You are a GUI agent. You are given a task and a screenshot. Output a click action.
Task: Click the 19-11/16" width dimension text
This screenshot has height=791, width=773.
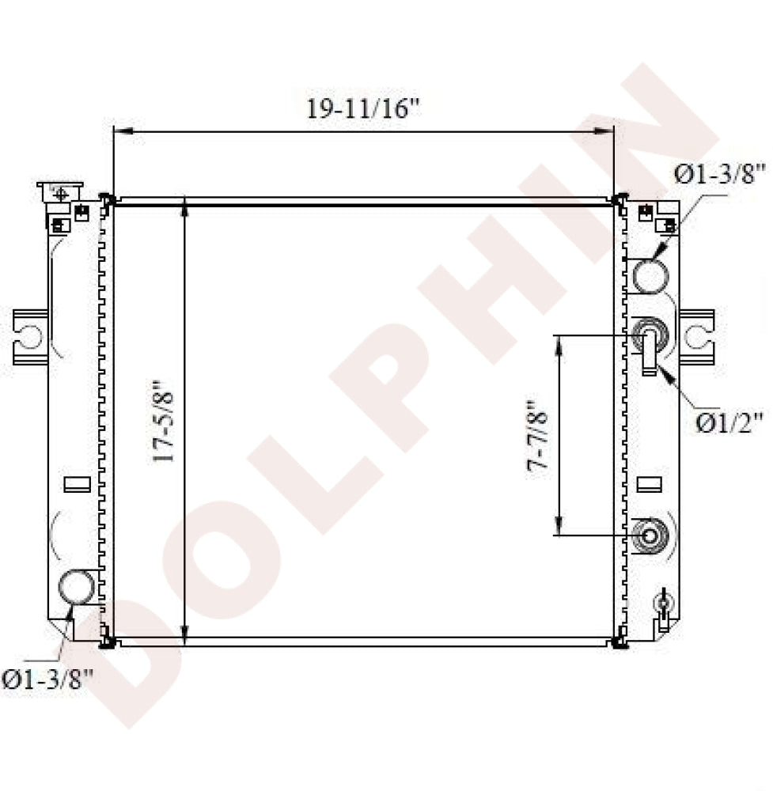coord(363,108)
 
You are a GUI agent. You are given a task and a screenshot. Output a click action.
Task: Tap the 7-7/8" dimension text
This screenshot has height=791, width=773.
coord(538,437)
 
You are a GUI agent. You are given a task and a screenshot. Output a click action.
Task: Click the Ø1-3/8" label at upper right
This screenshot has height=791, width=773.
coord(721,173)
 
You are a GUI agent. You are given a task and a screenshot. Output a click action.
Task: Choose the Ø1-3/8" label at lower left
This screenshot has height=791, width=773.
coord(47,679)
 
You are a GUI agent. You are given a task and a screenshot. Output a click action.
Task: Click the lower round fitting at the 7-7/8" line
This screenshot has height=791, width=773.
coord(650,536)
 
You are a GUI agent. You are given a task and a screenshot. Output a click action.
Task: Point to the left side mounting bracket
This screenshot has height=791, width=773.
coord(30,336)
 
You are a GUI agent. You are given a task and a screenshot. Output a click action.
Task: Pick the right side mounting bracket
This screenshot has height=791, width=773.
coord(697,336)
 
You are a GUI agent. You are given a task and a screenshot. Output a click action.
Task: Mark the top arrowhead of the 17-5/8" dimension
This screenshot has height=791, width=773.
coord(184,207)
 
